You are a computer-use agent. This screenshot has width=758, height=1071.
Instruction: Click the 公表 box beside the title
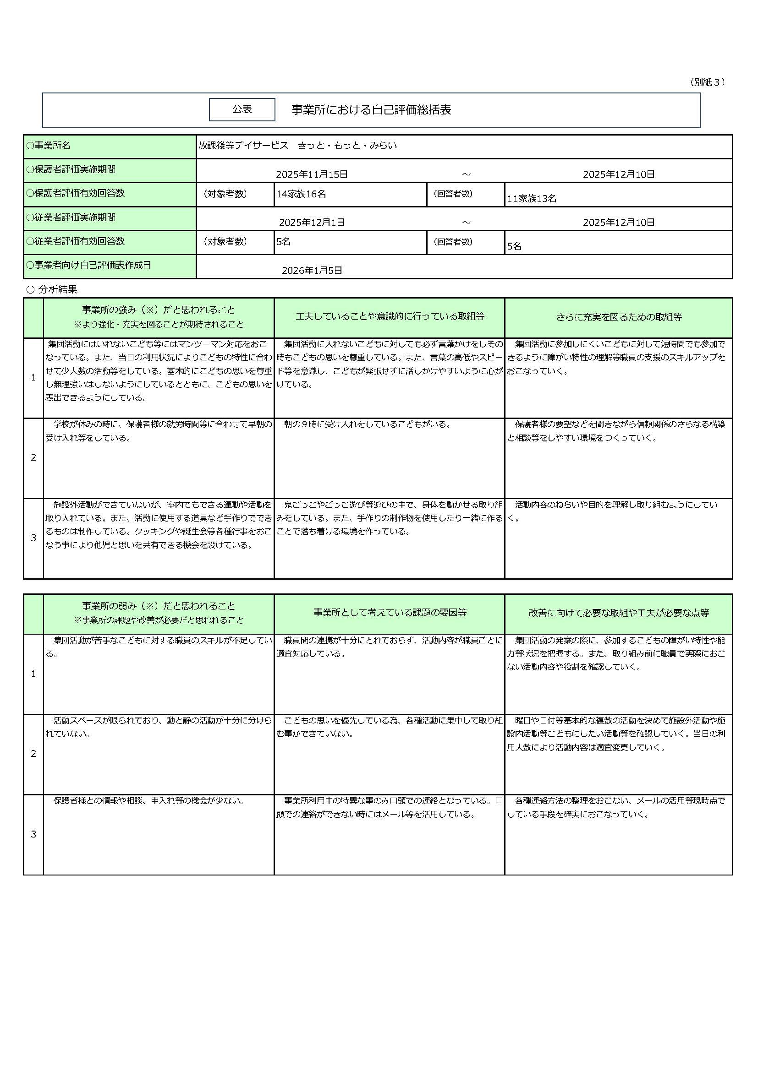pos(242,109)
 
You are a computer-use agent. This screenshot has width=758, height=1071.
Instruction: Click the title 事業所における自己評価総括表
pos(371,110)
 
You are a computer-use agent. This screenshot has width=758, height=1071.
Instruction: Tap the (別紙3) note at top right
pos(707,82)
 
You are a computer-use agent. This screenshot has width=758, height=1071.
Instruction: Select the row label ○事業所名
pos(49,146)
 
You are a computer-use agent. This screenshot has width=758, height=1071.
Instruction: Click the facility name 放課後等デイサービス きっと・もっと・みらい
pos(297,146)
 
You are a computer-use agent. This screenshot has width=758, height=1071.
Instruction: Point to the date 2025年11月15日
pos(312,174)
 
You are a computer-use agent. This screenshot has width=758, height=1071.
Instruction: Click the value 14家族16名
pos(301,194)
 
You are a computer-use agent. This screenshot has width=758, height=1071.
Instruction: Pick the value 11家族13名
pos(532,199)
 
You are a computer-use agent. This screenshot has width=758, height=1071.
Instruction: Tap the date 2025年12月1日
pos(312,223)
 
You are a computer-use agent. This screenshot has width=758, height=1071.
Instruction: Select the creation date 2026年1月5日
pos(312,271)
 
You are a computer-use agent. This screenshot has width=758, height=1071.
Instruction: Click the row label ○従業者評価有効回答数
pos(76,241)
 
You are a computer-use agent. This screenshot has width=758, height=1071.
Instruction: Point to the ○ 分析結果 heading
pos(52,289)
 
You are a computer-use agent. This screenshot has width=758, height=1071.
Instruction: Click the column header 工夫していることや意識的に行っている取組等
pos(390,317)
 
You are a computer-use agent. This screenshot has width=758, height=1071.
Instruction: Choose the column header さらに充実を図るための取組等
pos(618,317)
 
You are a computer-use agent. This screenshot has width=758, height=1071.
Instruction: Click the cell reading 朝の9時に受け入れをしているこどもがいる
pos(367,424)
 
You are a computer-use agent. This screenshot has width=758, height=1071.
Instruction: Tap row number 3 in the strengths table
pos(33,538)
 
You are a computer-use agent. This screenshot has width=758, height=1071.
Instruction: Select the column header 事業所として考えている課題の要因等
pos(390,613)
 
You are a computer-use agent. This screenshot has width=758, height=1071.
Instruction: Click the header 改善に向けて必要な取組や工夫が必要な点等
pos(618,613)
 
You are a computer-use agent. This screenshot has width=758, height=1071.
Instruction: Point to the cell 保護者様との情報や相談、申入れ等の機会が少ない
pos(149,801)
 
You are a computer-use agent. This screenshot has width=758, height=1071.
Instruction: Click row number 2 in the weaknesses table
pos(33,754)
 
